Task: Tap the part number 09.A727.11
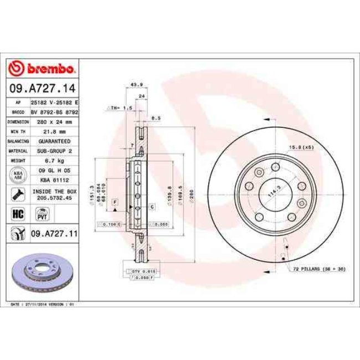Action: tap(54, 234)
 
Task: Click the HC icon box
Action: tap(17, 213)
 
